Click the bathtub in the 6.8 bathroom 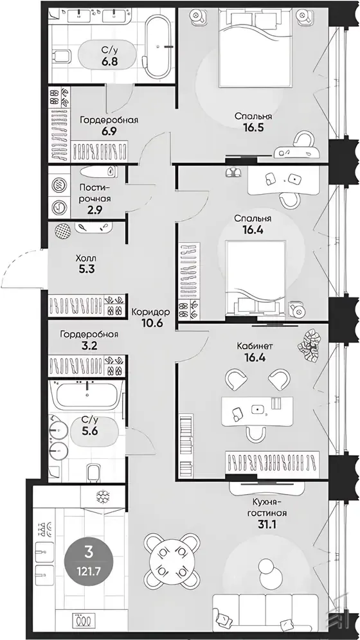click(x=157, y=47)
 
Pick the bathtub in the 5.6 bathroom click(x=87, y=395)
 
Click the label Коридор click(x=150, y=312)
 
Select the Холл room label click(x=85, y=258)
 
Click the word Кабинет click(x=255, y=346)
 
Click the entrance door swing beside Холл click(x=21, y=269)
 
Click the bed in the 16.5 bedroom click(x=255, y=47)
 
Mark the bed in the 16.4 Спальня click(x=255, y=278)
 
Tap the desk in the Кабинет click(x=257, y=411)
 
